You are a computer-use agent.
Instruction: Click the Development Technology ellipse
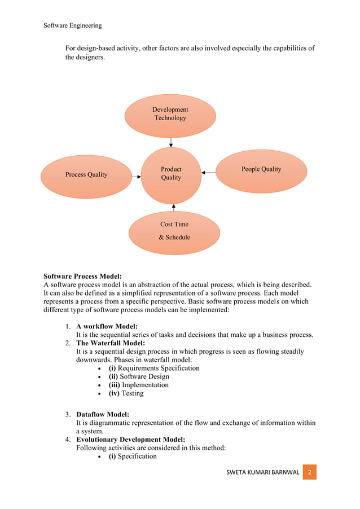click(x=170, y=116)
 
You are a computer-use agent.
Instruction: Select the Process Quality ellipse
click(x=86, y=176)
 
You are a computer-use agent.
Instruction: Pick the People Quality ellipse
click(x=261, y=170)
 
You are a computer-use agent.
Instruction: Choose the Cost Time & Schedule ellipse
click(x=174, y=232)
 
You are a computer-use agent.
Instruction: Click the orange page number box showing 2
click(x=310, y=471)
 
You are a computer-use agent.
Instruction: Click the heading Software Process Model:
click(x=82, y=277)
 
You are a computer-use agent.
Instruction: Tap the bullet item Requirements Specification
click(x=153, y=368)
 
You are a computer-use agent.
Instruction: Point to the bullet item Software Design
click(x=139, y=376)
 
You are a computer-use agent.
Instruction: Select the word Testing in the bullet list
click(x=133, y=393)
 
